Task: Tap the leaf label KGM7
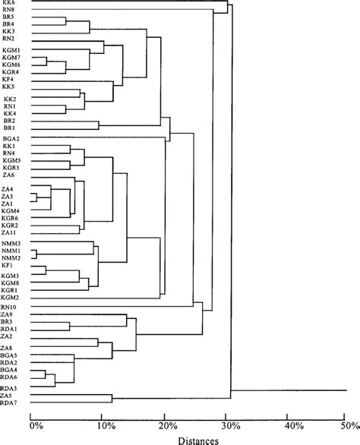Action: point(11,57)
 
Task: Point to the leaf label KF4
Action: point(8,78)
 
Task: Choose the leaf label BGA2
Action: point(11,138)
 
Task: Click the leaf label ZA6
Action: point(8,175)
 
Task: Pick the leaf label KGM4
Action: point(11,210)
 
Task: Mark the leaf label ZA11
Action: point(10,232)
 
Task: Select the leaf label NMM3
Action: point(11,243)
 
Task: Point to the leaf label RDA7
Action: point(10,402)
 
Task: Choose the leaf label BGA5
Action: point(11,355)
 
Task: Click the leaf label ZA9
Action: point(8,314)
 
